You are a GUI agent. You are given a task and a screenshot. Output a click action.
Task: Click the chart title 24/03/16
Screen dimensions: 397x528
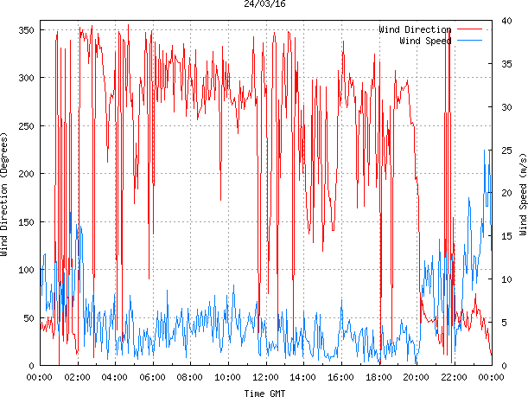pos(265,4)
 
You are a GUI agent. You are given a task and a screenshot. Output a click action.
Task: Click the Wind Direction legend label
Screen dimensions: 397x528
pos(415,30)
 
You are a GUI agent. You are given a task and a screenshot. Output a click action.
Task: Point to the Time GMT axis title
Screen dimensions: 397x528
pos(265,393)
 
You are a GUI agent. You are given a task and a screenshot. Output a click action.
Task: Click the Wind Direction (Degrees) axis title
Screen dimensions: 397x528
pos(5,195)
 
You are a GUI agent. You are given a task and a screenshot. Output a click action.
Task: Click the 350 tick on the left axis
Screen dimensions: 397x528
pos(24,30)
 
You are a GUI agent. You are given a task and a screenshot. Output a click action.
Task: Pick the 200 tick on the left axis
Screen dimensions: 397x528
pos(24,174)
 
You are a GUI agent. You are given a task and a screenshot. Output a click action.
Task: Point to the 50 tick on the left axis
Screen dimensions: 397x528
pos(27,318)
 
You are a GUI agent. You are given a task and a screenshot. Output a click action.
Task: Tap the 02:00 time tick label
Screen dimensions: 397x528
pos(77,377)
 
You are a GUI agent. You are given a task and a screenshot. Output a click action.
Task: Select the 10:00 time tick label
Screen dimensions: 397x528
pos(227,377)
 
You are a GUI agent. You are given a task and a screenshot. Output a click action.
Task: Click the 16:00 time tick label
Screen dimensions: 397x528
pos(340,377)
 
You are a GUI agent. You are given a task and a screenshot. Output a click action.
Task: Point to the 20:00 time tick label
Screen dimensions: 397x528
pos(416,377)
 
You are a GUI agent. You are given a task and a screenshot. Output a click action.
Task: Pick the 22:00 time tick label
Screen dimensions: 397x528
pos(454,377)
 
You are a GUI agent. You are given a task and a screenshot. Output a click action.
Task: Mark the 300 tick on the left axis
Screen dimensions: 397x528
pos(24,78)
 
